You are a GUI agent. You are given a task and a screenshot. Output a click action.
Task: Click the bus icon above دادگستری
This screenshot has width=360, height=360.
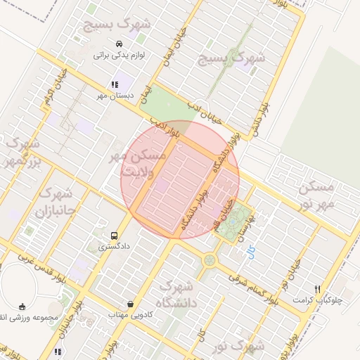pos(115,236)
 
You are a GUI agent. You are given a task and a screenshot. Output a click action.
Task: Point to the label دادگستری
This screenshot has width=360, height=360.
pos(112,247)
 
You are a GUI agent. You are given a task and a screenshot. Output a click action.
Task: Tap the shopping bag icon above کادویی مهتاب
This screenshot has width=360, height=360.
pos(131,304)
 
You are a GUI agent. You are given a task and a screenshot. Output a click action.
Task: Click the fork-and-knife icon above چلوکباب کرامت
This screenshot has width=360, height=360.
pos(318,289)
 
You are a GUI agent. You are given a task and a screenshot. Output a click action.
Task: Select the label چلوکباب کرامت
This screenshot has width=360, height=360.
pos(322,300)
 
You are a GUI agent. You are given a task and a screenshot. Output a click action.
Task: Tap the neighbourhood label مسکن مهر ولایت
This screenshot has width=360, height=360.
pos(139,162)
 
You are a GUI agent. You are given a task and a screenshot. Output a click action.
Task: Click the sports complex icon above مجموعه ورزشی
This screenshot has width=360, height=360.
pos(23,306)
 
